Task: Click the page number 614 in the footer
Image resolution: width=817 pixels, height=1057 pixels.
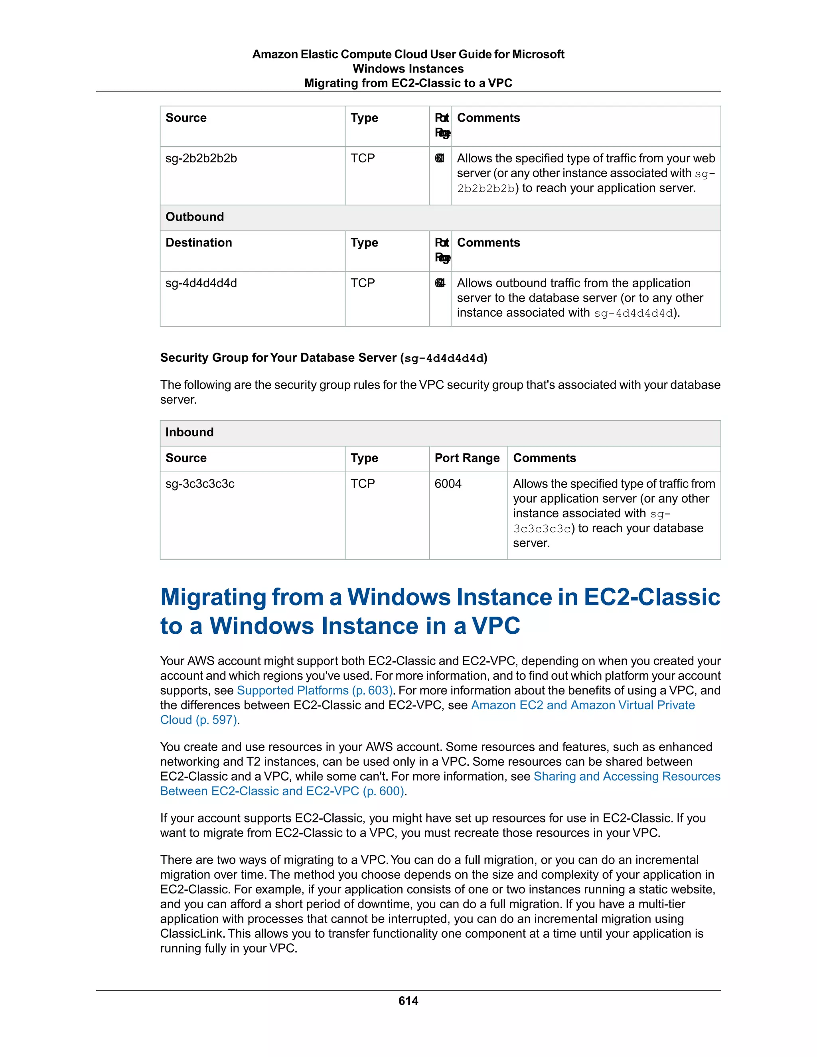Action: [408, 1000]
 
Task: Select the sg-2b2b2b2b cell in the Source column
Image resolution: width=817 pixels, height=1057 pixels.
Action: [201, 158]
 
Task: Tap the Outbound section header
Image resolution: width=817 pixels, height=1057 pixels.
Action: [195, 217]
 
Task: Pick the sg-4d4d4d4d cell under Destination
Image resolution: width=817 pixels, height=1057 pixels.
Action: [201, 283]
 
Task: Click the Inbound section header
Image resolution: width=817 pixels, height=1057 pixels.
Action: [189, 432]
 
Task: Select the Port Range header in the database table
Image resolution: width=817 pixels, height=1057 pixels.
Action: [467, 458]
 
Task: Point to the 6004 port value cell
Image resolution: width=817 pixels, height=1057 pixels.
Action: [448, 483]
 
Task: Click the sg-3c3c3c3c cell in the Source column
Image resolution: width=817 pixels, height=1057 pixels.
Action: [200, 483]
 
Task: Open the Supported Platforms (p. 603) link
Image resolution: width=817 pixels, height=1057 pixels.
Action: [315, 690]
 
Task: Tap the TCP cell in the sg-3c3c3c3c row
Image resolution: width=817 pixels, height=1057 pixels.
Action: [363, 483]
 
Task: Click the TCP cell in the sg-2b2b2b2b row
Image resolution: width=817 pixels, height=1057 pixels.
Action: [363, 158]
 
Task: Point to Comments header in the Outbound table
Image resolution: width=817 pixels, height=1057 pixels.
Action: [488, 243]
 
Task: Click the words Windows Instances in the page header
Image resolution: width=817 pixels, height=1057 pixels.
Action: [408, 69]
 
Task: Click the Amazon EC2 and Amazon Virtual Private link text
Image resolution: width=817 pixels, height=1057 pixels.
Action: [583, 705]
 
